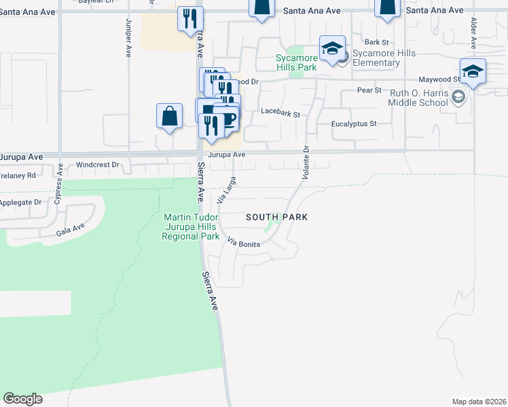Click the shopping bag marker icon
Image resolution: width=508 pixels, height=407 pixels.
(x=169, y=116)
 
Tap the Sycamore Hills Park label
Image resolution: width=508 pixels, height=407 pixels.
(x=296, y=63)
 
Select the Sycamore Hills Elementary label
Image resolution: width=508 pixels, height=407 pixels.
(x=376, y=58)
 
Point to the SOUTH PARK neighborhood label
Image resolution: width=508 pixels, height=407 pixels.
(x=276, y=217)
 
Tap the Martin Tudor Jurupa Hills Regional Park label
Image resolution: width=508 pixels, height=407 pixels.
(x=191, y=227)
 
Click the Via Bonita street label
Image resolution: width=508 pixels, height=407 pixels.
(x=243, y=243)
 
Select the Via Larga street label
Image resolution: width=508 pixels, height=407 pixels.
(x=225, y=190)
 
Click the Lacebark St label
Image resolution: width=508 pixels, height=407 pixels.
(x=280, y=113)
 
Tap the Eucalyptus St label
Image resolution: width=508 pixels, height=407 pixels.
(x=353, y=124)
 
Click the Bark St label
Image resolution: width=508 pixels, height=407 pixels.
(x=375, y=42)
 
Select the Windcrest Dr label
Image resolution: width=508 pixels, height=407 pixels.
(x=97, y=164)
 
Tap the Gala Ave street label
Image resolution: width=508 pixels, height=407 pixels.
(x=70, y=229)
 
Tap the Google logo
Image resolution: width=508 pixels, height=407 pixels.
(x=22, y=399)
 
